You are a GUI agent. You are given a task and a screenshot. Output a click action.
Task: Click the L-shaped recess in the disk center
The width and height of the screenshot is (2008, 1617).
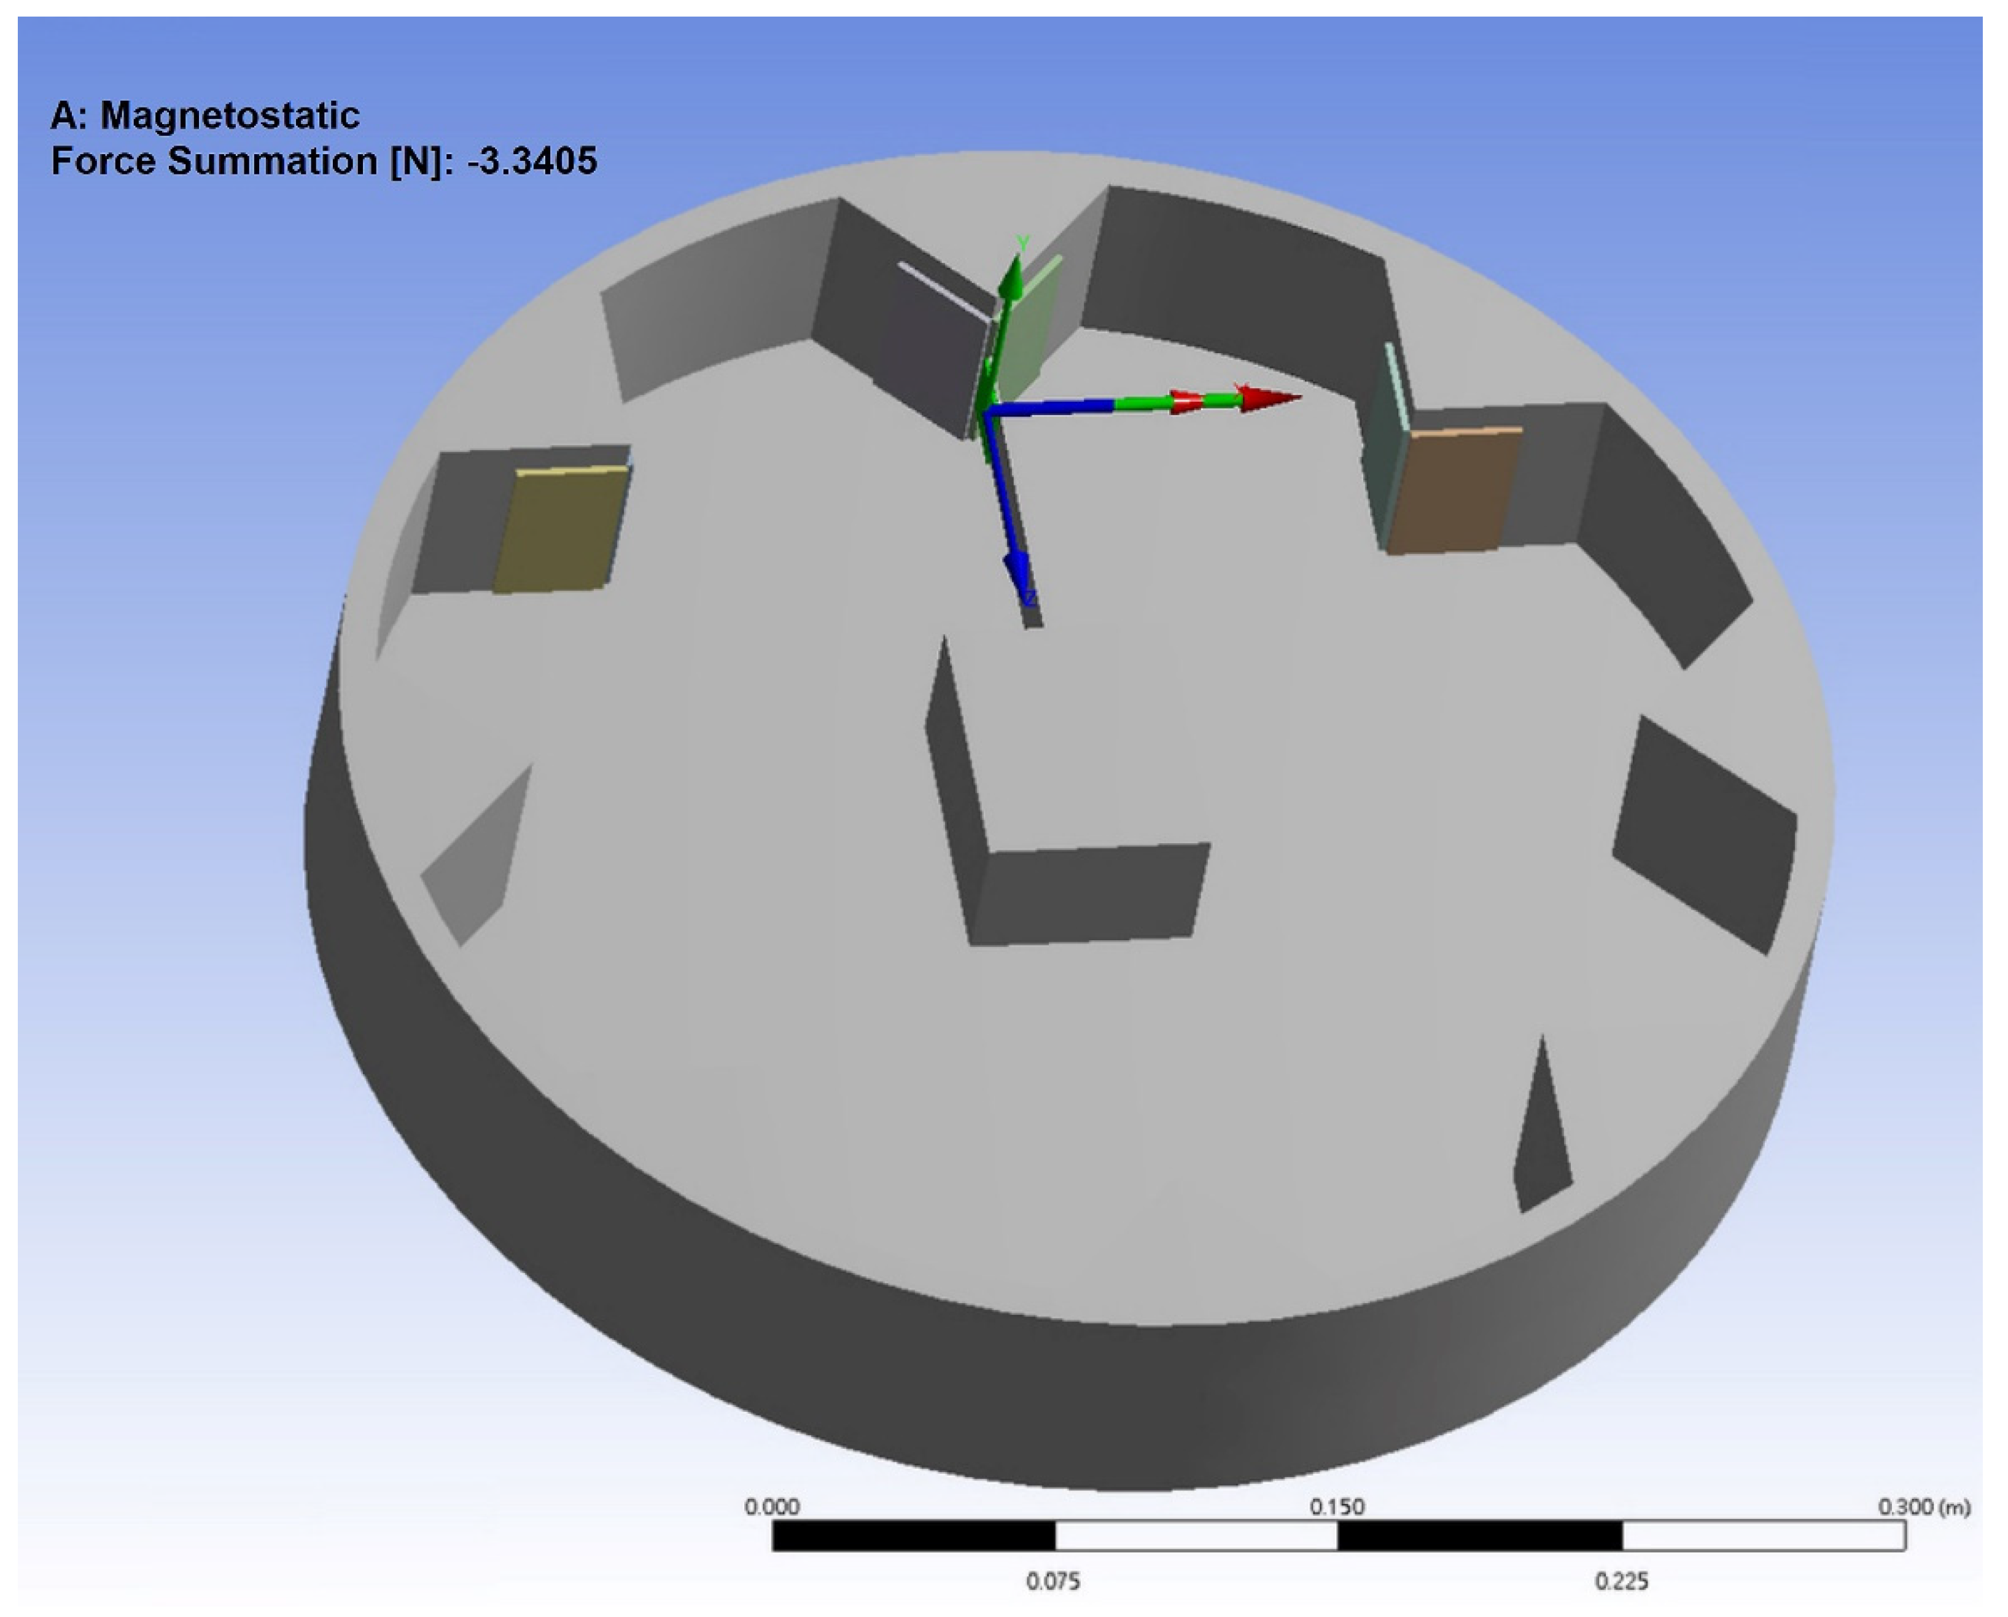pos(1071,885)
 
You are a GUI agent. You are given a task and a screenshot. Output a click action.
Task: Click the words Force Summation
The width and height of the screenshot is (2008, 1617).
pos(214,161)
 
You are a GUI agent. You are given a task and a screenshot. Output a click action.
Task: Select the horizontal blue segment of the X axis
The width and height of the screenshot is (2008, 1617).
pos(1053,407)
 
